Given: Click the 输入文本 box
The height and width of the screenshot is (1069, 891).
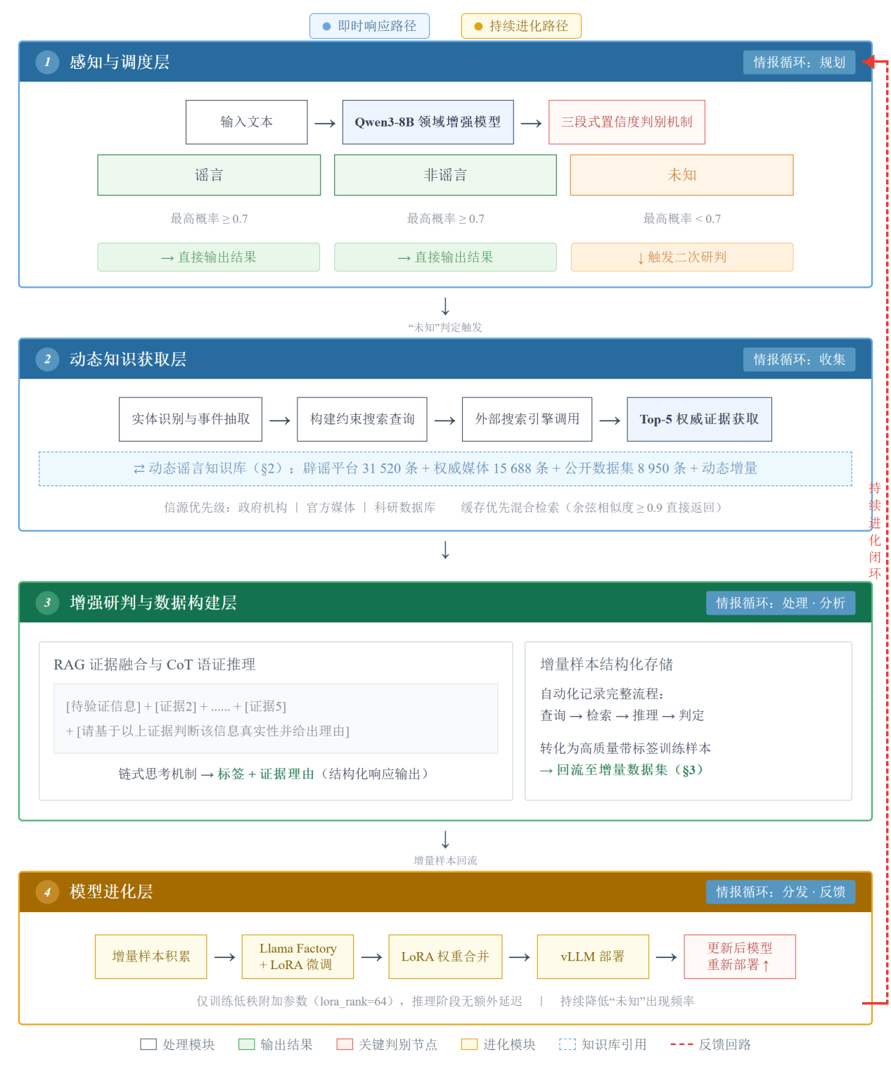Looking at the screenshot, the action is [246, 122].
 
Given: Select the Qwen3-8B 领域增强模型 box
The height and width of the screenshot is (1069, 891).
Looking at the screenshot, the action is [428, 122].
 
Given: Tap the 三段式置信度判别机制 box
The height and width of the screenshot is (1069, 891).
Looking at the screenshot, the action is [627, 122].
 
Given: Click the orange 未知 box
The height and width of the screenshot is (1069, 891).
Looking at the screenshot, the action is [681, 175].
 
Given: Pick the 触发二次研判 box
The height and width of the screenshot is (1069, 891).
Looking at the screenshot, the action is [681, 257].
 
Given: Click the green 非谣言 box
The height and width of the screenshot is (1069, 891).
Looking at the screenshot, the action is [445, 175].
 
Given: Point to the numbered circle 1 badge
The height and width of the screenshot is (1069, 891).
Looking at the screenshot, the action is [48, 62].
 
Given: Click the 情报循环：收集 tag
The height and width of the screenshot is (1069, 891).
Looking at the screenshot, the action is [799, 359].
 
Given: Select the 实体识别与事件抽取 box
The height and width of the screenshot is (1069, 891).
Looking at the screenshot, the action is [191, 419].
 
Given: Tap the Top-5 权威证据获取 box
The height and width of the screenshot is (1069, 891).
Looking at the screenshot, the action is [699, 419].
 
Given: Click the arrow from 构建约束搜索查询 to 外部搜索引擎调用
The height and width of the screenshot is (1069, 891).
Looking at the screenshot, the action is [444, 421].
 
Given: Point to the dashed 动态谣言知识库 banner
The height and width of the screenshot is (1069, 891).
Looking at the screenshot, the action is [445, 468].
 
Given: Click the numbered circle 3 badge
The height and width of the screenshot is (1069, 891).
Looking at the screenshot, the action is [48, 603].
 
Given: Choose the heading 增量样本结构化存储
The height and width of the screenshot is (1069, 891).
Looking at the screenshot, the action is [606, 665].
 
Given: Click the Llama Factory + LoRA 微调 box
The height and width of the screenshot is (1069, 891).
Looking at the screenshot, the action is [297, 956].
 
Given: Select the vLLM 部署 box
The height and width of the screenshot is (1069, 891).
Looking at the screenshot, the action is [592, 956].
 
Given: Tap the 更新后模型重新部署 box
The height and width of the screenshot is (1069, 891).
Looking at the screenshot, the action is [739, 956].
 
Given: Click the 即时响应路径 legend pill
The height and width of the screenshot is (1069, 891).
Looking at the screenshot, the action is [369, 26].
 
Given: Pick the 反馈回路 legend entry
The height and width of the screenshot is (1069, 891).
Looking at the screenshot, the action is [710, 1044].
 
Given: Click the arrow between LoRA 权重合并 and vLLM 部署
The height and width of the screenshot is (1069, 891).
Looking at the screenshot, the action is [519, 957].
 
